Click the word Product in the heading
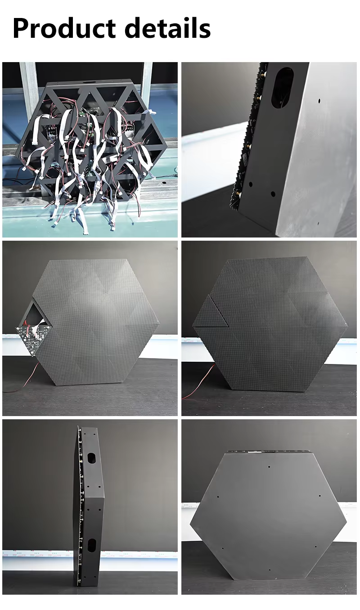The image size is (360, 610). click(64, 28)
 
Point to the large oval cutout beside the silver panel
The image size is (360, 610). click(283, 88)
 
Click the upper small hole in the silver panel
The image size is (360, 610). click(319, 101)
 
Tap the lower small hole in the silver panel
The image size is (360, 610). click(318, 223)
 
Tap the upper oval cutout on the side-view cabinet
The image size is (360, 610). click(91, 459)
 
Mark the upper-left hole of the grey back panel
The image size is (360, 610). click(218, 497)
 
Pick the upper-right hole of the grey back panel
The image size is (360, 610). click(319, 496)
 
